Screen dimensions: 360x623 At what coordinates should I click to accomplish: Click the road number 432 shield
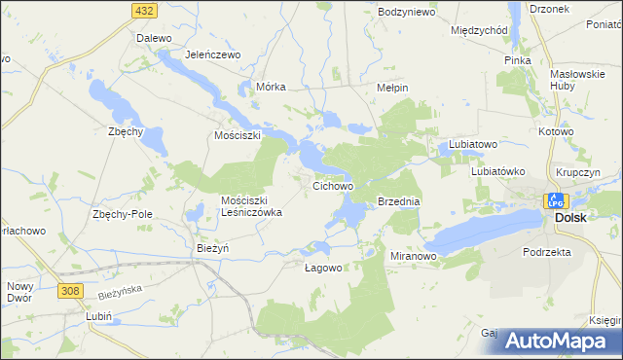click(144, 9)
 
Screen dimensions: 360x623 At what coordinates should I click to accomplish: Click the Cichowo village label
click(332, 184)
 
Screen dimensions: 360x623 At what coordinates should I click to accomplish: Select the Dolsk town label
click(570, 218)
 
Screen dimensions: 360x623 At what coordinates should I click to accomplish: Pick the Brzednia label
click(398, 201)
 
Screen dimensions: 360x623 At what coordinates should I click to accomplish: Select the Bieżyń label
click(212, 248)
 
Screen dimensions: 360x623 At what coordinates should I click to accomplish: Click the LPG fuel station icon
click(555, 200)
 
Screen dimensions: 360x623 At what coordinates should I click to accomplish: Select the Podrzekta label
click(545, 251)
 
